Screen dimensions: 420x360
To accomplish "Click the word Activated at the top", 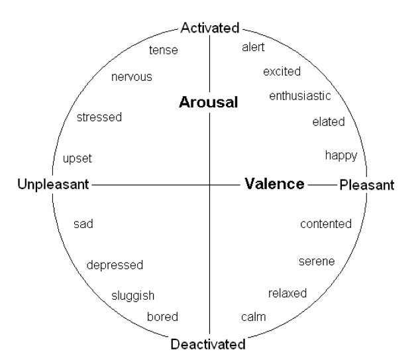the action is pos(210,28).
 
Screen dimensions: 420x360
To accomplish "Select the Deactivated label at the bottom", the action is pos(208,344).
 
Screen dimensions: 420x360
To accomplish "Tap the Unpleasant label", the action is pos(53,185).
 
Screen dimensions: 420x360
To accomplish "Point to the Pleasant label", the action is pos(367,185).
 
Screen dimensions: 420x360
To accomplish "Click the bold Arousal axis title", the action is pos(209,102).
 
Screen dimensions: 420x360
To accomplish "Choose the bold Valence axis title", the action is pos(274,184).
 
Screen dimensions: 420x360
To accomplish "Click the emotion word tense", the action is pos(164,50).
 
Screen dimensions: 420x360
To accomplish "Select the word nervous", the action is pos(132,77).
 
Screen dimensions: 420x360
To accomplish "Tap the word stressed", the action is pos(99,117).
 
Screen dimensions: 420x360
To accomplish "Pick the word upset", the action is pos(78,158).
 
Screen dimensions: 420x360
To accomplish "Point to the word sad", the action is pos(83,224).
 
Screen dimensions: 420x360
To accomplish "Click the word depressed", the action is pos(115,265).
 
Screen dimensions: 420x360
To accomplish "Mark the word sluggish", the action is pos(133,296).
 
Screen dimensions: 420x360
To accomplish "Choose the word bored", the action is pos(162,317).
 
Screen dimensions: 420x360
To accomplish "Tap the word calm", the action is pos(254,317).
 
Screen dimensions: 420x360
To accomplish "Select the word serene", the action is pos(317,261).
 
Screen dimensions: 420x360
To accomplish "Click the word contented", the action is pos(326,224).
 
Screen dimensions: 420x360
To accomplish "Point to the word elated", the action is pos(329,122).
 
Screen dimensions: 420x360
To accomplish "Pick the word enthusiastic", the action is pos(300,95).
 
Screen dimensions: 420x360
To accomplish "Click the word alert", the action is pos(253,47).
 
